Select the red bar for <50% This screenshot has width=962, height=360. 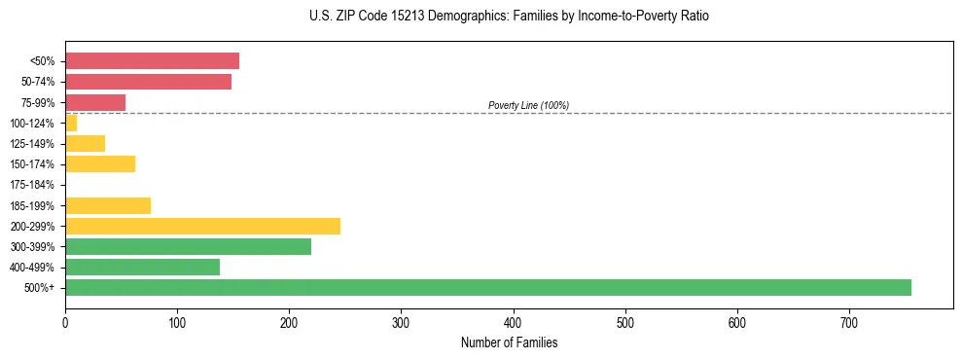pos(152,61)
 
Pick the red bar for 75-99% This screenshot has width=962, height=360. pos(95,102)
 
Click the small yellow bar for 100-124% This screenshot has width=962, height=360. pos(71,123)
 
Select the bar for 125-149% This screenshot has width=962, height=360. pos(85,143)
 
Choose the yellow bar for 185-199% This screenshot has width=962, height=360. pos(108,205)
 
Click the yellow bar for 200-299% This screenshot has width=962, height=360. pos(202,226)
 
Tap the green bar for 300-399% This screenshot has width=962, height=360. pos(188,246)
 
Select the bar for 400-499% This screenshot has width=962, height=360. pos(142,267)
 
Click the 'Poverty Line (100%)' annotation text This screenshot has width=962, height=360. pos(528,105)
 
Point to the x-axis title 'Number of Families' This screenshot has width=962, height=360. pos(509,342)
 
